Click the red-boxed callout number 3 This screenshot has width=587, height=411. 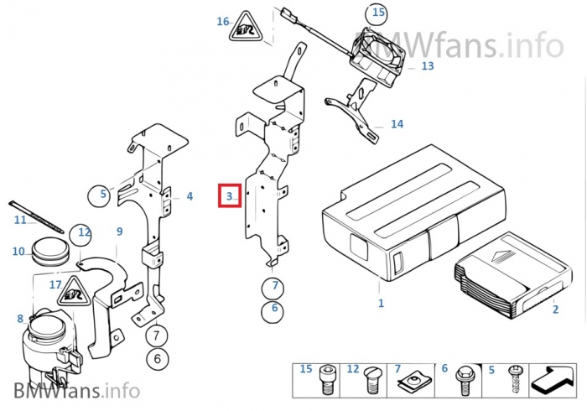[x=229, y=196]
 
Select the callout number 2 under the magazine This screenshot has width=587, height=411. [x=554, y=309]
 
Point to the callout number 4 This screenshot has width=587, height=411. [x=190, y=196]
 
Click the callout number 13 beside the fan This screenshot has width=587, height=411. [x=427, y=65]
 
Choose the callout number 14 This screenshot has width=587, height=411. [x=397, y=124]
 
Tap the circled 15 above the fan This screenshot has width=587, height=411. [x=378, y=13]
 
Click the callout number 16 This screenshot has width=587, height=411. [x=222, y=21]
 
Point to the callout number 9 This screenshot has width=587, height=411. [x=119, y=231]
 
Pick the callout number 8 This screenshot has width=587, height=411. [x=19, y=319]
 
